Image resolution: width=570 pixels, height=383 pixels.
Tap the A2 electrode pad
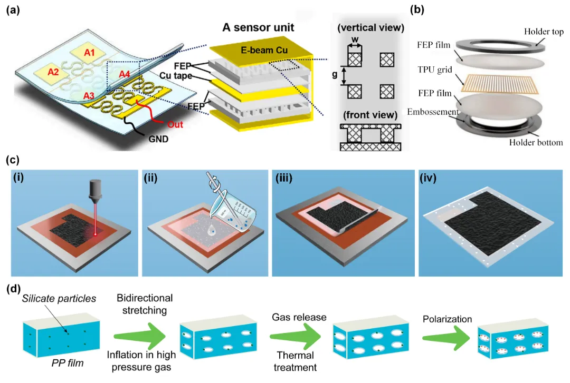click(53, 72)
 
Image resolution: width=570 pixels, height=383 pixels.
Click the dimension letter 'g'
click(335, 75)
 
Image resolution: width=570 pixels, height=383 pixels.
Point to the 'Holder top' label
click(544, 32)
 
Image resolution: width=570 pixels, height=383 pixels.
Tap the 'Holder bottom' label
click(536, 142)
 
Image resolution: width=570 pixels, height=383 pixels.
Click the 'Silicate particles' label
click(59, 299)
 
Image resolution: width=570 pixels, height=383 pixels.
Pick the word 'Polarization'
click(447, 319)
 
